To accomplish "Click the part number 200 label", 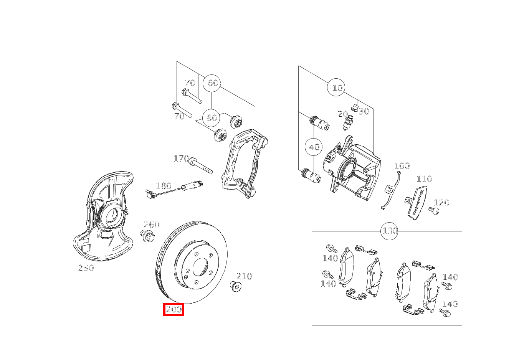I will pos(174,309).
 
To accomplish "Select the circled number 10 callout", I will pos(337,88).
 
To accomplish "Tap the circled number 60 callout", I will pos(212,83).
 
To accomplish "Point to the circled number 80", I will pos(212,117).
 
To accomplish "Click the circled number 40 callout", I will pos(314,147).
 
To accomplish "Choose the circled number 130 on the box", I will pos(390,231).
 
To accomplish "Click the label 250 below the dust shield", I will pos(86,268).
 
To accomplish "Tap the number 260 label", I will pos(151,225).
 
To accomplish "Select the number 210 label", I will pos(244,276).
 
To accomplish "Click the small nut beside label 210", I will pos(235,286).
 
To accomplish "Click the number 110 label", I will pos(424,179).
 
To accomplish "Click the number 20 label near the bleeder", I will pos(342,114).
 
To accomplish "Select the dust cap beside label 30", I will pos(355,107).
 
